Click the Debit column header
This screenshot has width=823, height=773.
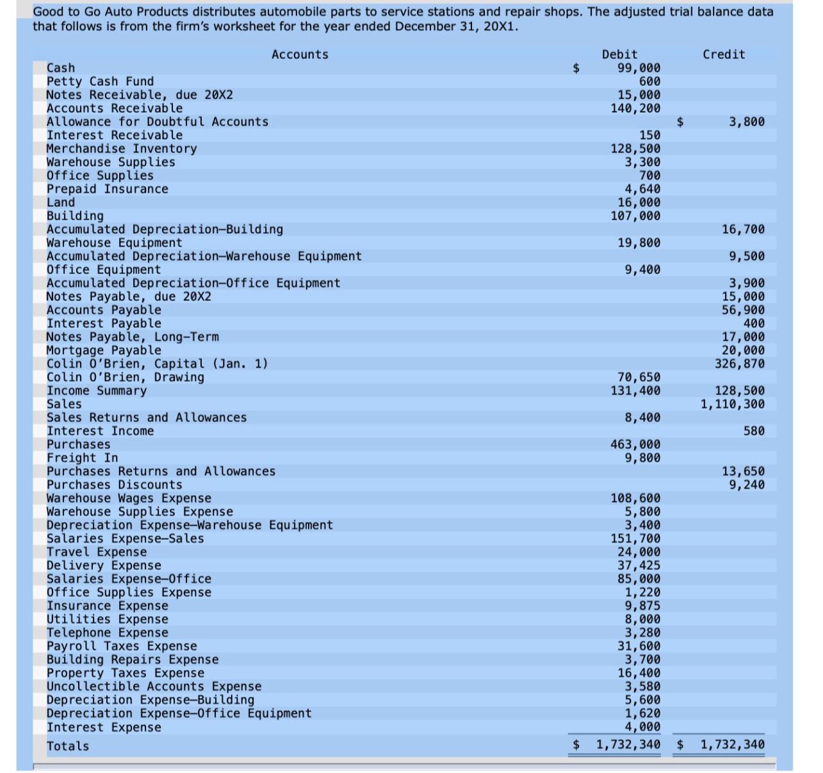[x=619, y=54]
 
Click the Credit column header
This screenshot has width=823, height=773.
[x=724, y=54]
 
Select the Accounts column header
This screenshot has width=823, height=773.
[x=300, y=54]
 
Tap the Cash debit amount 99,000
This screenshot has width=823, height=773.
[x=639, y=68]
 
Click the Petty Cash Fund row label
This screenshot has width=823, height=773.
[x=100, y=81]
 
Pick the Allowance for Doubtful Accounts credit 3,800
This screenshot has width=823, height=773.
[x=746, y=122]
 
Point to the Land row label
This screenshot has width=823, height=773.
[x=61, y=202]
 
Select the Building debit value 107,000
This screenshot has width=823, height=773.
[x=635, y=216]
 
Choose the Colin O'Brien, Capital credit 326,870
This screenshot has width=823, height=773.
[x=740, y=364]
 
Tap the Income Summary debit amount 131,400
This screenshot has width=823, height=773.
[x=635, y=391]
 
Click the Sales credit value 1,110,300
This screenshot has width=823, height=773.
[x=733, y=404]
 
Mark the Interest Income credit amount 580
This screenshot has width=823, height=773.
[x=754, y=431]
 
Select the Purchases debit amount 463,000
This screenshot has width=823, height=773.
[x=635, y=444]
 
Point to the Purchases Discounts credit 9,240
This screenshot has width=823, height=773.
[x=746, y=485]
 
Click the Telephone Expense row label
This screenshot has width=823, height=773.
[x=107, y=633]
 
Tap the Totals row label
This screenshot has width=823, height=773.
[x=68, y=746]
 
